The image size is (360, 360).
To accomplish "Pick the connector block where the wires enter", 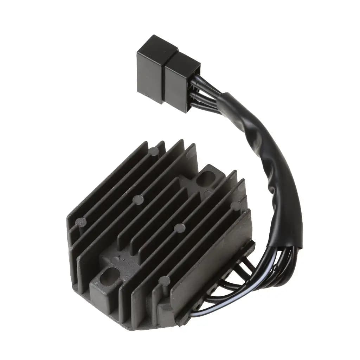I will point(181,83).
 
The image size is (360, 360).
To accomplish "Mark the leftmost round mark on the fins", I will point(81,222).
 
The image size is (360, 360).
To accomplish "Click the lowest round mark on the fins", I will point(164,280).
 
